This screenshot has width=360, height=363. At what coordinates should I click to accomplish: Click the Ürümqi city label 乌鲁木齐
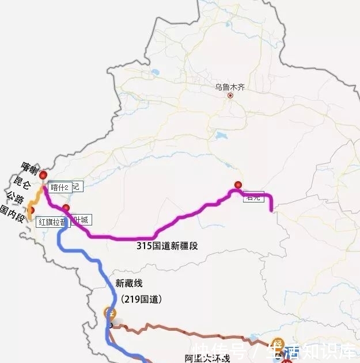(230, 87)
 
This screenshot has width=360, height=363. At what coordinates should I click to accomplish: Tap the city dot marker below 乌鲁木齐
(230, 95)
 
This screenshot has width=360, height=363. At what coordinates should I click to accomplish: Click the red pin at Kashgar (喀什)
(43, 175)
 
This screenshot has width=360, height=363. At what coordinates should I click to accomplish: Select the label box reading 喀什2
(59, 187)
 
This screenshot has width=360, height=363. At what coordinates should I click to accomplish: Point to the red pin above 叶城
(66, 208)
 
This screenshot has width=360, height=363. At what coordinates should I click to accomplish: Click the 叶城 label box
(80, 220)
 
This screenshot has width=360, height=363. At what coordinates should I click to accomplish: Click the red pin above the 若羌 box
(237, 185)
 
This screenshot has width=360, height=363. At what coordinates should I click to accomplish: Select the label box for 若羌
(253, 197)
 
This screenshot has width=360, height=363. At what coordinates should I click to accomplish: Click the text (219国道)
(142, 299)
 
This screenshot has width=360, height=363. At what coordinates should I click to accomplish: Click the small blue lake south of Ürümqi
(222, 137)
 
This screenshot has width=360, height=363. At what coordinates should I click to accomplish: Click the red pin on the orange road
(31, 211)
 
